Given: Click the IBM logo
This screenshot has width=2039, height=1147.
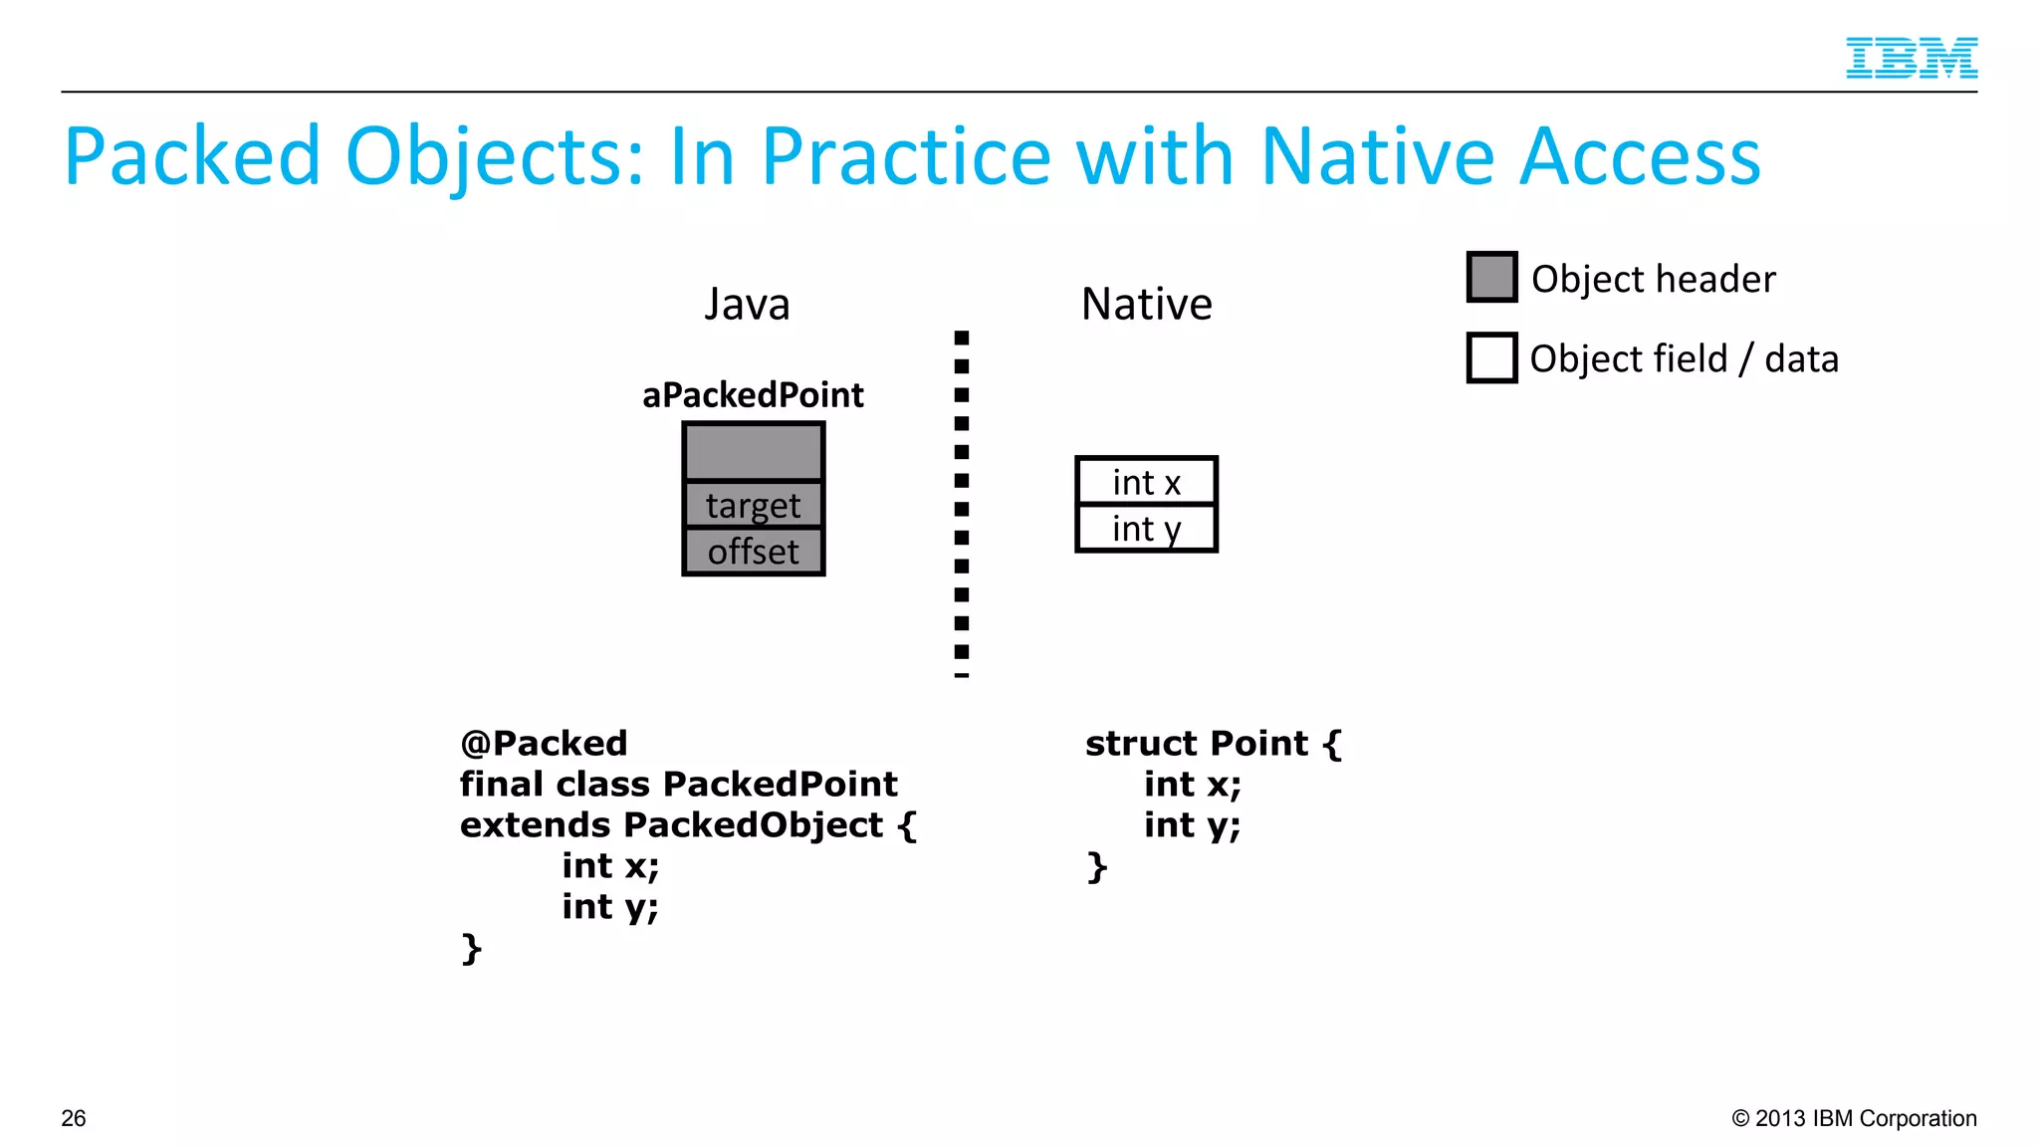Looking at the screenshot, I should [x=1911, y=58].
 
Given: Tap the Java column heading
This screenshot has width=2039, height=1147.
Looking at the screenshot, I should [x=747, y=305].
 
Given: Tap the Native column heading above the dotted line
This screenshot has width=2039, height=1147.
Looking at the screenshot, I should [x=1146, y=305].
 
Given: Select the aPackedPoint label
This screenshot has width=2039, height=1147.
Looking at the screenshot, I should [x=753, y=395].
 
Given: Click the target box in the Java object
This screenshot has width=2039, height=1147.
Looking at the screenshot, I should [x=753, y=506].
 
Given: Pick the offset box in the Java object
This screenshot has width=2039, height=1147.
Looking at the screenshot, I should [x=753, y=552].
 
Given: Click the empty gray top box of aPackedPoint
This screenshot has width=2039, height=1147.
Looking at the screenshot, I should [x=753, y=452].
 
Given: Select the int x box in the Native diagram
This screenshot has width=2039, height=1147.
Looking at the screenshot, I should [x=1146, y=483].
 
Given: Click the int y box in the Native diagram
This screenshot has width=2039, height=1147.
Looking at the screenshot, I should [x=1146, y=529].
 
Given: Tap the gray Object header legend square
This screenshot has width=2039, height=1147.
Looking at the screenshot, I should [x=1491, y=278].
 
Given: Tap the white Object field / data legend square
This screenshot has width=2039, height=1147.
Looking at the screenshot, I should [x=1491, y=358].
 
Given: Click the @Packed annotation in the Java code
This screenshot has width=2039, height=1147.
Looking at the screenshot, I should [x=544, y=744].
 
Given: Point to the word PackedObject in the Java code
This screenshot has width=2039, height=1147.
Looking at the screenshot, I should [x=753, y=825].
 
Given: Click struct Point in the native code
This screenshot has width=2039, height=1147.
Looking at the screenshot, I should [x=1196, y=744].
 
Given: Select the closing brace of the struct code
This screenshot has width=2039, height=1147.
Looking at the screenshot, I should [x=1096, y=867].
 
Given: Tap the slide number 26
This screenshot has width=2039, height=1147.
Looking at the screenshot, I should [x=74, y=1118].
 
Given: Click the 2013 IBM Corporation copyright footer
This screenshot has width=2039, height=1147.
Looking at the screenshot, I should [x=1854, y=1118].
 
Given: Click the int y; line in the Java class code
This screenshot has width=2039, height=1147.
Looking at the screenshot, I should [x=609, y=907].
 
